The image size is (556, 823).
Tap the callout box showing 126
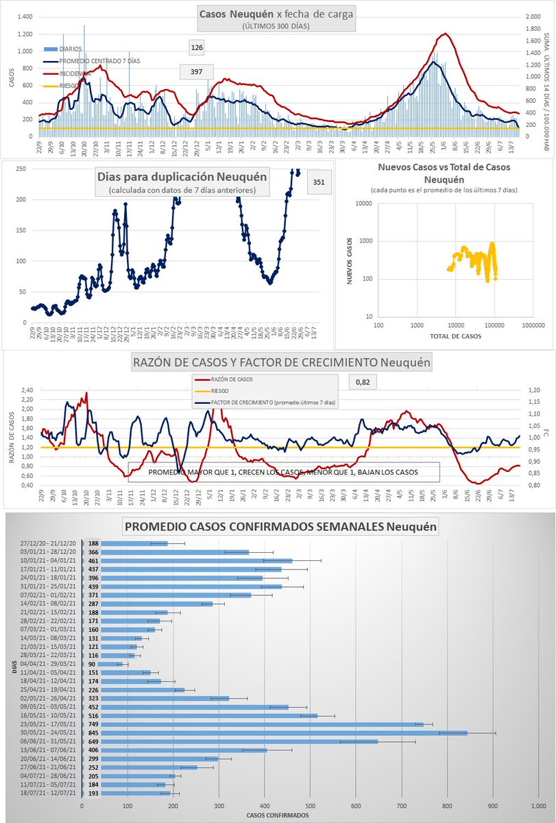[x=197, y=47]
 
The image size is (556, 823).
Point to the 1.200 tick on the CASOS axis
[x=24, y=34]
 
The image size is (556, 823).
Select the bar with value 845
[x=274, y=732]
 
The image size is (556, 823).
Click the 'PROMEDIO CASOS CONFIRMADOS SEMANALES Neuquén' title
[x=280, y=527]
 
